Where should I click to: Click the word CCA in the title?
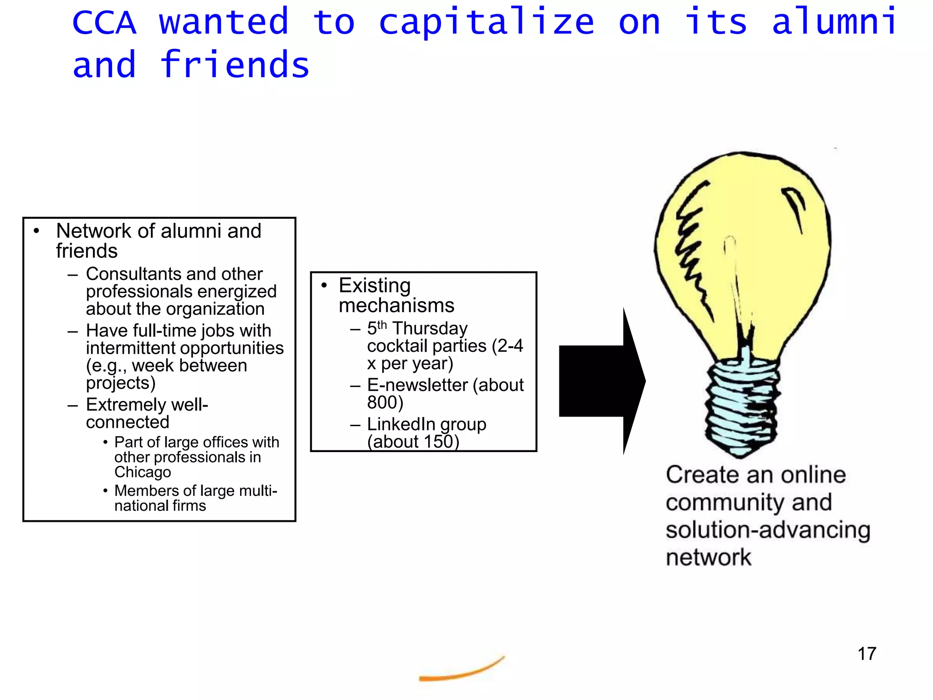[x=104, y=22]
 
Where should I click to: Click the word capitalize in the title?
[x=486, y=23]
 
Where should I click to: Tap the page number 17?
[x=866, y=654]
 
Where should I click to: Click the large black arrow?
[x=601, y=381]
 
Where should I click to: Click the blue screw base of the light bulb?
[x=742, y=406]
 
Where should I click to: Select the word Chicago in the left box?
[x=143, y=472]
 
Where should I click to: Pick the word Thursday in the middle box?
[x=430, y=329]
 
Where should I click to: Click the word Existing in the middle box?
[x=374, y=286]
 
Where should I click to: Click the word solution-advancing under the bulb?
[x=768, y=530]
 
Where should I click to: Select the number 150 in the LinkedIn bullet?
[x=438, y=442]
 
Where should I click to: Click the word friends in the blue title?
[x=235, y=65]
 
